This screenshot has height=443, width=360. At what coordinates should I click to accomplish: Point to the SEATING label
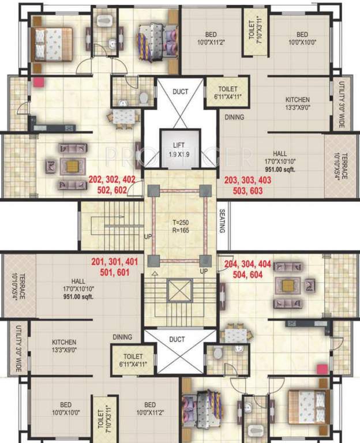point(223,220)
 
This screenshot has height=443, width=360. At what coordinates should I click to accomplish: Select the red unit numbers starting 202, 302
point(112,184)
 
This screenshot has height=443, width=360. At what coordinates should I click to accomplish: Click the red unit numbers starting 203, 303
point(247,185)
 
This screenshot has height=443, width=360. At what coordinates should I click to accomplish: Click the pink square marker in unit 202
point(39,82)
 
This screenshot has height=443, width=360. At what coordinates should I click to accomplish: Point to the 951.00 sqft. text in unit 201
point(79,297)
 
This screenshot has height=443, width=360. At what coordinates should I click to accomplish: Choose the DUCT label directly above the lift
point(181,91)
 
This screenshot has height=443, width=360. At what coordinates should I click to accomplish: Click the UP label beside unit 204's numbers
point(203,271)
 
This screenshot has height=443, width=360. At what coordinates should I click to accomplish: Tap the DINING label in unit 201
point(122,337)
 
